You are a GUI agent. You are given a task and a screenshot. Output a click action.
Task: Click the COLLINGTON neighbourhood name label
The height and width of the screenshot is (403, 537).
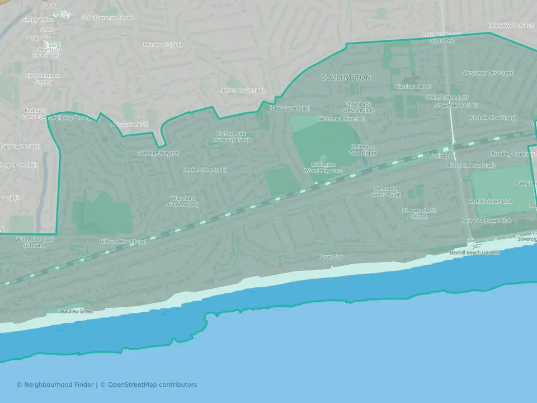[346, 78]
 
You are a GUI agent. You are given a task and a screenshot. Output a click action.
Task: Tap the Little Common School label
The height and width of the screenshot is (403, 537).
[107, 18]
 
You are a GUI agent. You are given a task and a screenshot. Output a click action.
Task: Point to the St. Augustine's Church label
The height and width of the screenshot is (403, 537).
[419, 213]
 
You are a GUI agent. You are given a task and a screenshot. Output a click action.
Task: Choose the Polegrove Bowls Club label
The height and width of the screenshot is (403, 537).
[486, 221]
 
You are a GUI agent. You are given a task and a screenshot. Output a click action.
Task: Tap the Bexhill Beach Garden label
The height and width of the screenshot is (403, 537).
[474, 253]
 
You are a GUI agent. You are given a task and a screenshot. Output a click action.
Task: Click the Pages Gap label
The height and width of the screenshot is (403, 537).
[331, 257]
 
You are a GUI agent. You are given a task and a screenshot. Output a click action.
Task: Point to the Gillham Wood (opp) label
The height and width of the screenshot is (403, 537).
[123, 242]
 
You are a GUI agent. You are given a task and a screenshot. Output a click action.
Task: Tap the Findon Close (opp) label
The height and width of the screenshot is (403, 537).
[205, 170]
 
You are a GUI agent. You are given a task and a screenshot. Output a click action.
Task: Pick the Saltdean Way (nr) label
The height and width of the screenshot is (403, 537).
[158, 153]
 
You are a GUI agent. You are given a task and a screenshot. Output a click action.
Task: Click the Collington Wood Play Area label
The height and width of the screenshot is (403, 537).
[323, 167]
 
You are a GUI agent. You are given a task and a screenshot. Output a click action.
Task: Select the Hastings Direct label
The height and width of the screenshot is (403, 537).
[413, 87]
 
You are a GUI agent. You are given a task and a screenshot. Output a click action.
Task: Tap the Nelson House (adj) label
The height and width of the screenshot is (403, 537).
[242, 90]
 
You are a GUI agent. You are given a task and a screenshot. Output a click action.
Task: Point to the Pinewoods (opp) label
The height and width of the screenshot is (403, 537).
[163, 44]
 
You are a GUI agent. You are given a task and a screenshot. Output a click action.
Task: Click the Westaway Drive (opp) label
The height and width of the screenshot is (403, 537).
[488, 73]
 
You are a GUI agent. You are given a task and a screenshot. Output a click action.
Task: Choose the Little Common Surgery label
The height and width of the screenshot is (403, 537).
[39, 78]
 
